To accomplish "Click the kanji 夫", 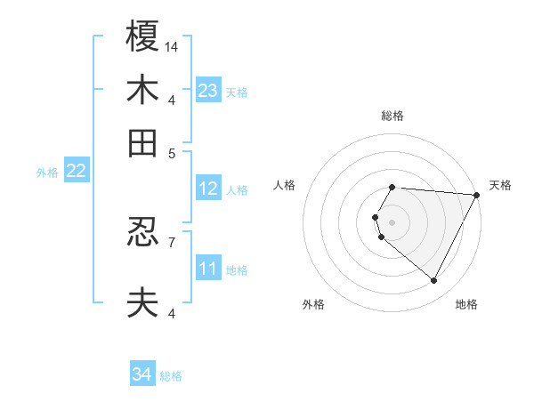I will pos(142,302).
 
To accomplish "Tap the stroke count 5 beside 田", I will pos(172,152).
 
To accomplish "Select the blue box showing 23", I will pos(208,91).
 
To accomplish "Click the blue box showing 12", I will pos(208,189).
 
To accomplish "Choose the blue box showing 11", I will pos(208,269).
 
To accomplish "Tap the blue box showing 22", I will pos(76,171).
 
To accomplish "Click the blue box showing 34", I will pos(142,374).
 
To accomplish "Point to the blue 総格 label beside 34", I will pos(171,376).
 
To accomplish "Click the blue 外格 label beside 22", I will pos(46,173).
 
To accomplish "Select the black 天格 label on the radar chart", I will pos(500,185).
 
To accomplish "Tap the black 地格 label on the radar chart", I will pos(466,304).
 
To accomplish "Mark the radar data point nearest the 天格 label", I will pos(477,195).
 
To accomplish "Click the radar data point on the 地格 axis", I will pos(434,281).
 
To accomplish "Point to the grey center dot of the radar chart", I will pos(392,221).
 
